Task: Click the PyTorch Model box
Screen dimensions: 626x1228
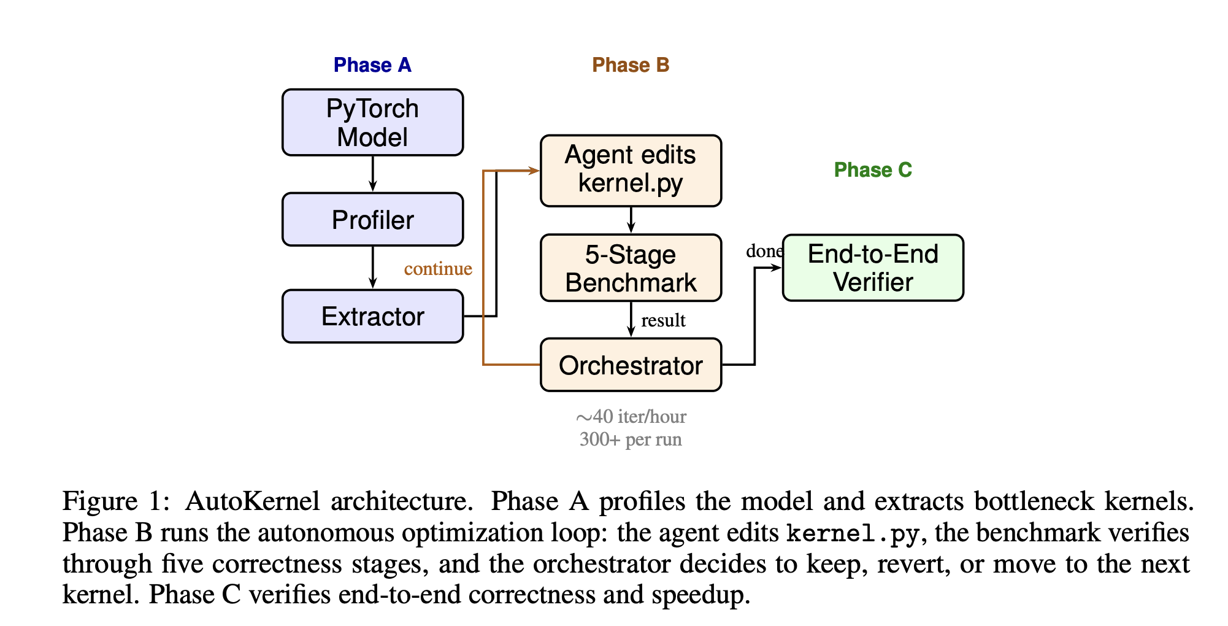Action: tap(372, 123)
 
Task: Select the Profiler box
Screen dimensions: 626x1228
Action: tap(372, 220)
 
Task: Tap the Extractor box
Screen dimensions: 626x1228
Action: tap(372, 317)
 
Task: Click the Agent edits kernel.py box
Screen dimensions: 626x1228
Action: tap(631, 170)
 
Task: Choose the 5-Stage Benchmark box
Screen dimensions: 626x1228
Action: tap(631, 268)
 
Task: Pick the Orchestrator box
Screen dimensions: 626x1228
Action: tap(631, 365)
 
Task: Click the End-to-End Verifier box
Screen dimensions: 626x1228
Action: tap(873, 268)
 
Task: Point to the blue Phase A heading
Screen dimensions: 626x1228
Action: tap(372, 65)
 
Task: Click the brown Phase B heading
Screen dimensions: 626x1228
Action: tap(631, 65)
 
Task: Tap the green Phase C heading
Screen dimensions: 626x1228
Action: tap(873, 170)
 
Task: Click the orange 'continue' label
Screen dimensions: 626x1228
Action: tap(438, 269)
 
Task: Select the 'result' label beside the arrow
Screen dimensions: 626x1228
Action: tap(663, 320)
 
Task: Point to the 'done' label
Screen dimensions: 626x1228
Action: tap(764, 251)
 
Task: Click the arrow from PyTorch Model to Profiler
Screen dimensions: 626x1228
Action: tap(372, 174)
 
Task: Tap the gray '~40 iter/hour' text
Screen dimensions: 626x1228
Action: tap(631, 417)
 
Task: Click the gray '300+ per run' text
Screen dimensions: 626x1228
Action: tap(631, 439)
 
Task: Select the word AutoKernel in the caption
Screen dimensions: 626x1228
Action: tap(252, 501)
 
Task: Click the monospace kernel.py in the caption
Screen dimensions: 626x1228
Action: tap(853, 533)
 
